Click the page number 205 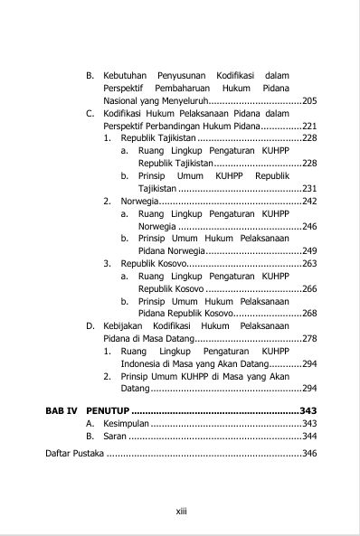(x=308, y=101)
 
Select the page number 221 (x=308, y=126)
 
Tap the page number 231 (x=308, y=188)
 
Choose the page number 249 (x=308, y=250)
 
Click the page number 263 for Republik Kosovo (x=308, y=263)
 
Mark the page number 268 (x=308, y=313)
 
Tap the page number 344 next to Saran (x=308, y=436)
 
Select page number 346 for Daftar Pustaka (x=308, y=453)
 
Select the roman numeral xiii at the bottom (x=180, y=511)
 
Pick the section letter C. (x=90, y=114)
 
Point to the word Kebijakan (x=124, y=325)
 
